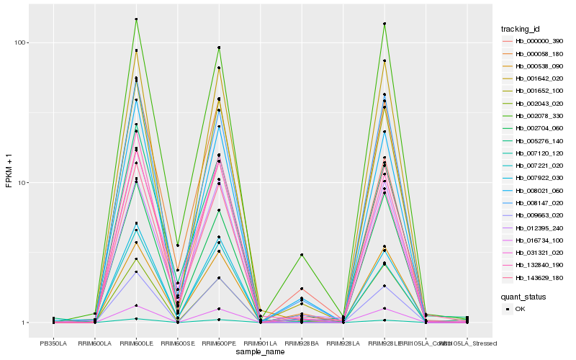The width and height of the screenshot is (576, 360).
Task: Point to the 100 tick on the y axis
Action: pyautogui.click(x=20, y=42)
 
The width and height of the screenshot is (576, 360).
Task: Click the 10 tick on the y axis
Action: pyautogui.click(x=22, y=183)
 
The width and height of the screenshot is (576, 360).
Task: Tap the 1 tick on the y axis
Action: pyautogui.click(x=24, y=323)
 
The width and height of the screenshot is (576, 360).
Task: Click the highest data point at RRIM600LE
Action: pyautogui.click(x=136, y=19)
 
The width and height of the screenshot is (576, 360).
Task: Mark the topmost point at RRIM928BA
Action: pyautogui.click(x=302, y=255)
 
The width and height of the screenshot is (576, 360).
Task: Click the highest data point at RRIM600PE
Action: pyautogui.click(x=219, y=48)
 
